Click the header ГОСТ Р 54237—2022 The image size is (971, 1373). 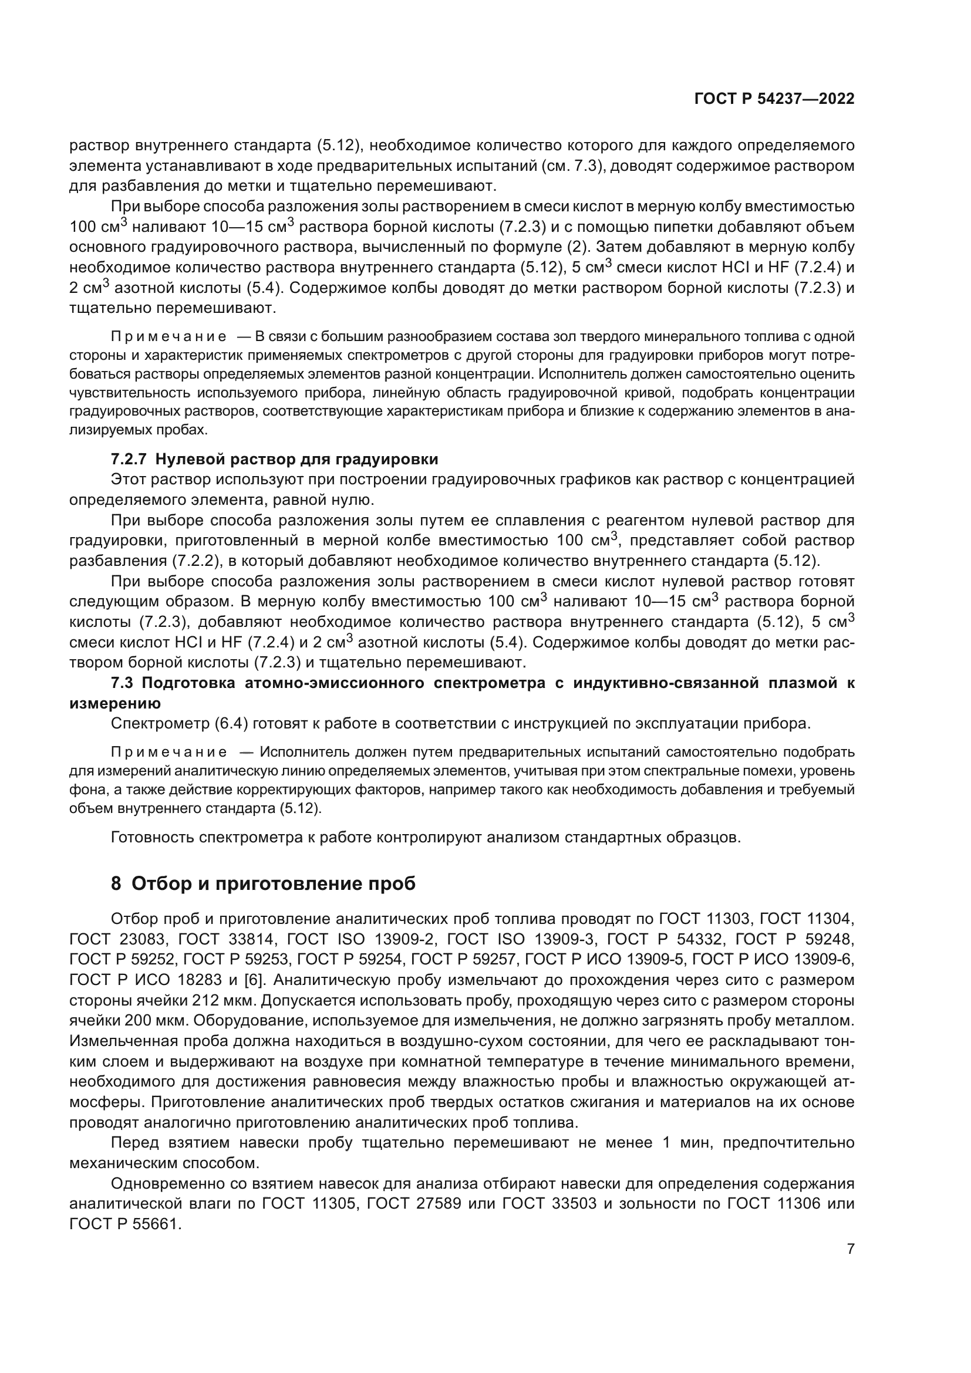pyautogui.click(x=774, y=99)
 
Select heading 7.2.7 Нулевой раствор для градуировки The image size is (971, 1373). pyautogui.click(x=274, y=458)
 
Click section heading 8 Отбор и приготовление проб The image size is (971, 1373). pyautogui.click(x=263, y=883)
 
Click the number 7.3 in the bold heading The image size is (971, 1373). pyautogui.click(x=122, y=683)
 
